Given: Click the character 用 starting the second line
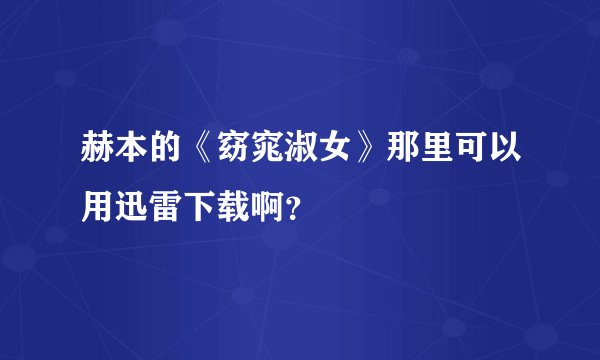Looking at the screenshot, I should click(x=86, y=200).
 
